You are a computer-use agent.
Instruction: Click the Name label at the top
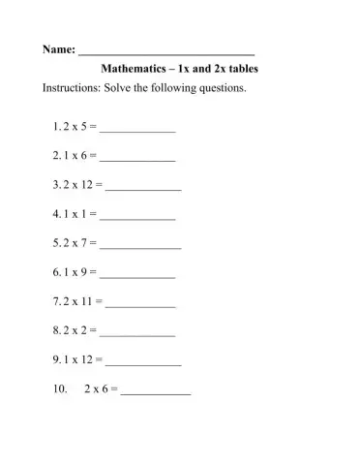[57, 49]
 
